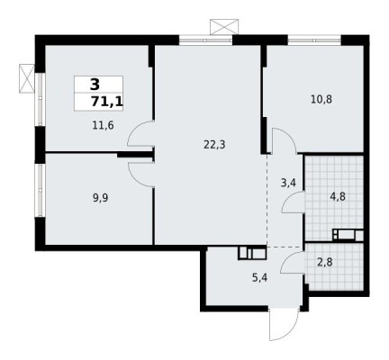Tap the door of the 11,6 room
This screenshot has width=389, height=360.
(140, 138)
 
